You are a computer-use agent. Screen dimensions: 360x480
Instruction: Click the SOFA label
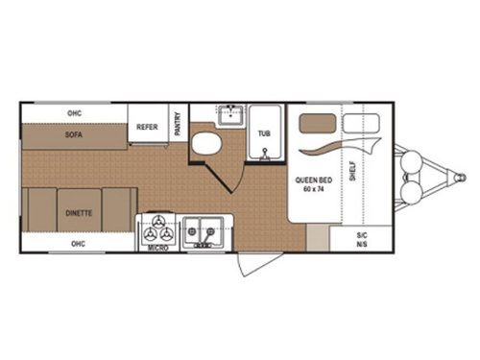[73, 135]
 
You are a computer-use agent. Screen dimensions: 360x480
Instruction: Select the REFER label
[147, 125]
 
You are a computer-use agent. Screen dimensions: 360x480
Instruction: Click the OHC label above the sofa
[73, 113]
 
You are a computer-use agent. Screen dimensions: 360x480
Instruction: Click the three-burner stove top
[158, 229]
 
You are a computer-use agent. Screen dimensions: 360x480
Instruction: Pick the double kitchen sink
[203, 230]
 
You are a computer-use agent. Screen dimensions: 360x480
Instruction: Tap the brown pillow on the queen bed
[319, 124]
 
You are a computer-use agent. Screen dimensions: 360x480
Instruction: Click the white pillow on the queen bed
[361, 124]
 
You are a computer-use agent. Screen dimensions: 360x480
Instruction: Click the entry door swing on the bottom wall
[254, 261]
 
